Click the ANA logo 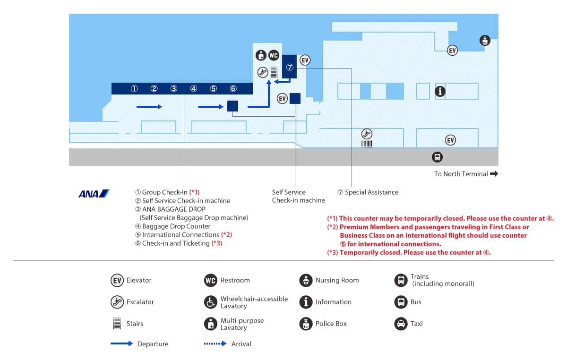coord(94,194)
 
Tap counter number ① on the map coord(134,89)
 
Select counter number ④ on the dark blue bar coord(194,89)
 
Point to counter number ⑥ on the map coord(233,89)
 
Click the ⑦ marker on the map coord(290,68)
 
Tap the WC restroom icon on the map coord(274,55)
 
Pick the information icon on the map coord(440,91)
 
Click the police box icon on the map coord(485,41)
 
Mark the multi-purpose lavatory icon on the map coord(261,55)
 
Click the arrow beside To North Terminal coord(494,174)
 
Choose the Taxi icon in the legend coord(401,324)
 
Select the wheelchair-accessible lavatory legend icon coord(211,302)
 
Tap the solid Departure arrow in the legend coord(122,343)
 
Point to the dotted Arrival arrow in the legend coord(215,343)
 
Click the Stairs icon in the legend coord(117,323)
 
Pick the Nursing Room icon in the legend coord(306,280)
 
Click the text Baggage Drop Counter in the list coord(176,226)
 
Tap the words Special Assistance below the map coord(371,192)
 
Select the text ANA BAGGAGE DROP coord(174,209)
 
